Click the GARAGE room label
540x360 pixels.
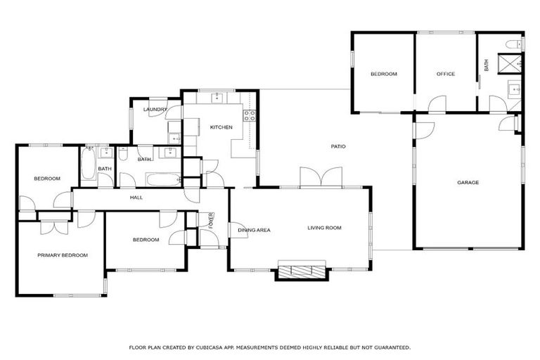click(468, 183)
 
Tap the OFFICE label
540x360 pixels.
click(445, 74)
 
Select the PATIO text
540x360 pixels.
click(338, 146)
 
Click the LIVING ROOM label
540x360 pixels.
click(324, 228)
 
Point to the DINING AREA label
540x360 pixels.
click(254, 230)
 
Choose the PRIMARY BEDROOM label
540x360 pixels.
click(63, 255)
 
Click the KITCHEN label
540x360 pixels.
click(221, 127)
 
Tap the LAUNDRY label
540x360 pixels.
click(155, 110)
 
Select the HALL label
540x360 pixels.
click(136, 198)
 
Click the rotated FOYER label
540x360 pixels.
click(210, 219)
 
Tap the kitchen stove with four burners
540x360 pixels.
click(248, 115)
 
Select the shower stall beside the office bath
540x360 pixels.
click(510, 62)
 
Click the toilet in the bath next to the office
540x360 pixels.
click(512, 44)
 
